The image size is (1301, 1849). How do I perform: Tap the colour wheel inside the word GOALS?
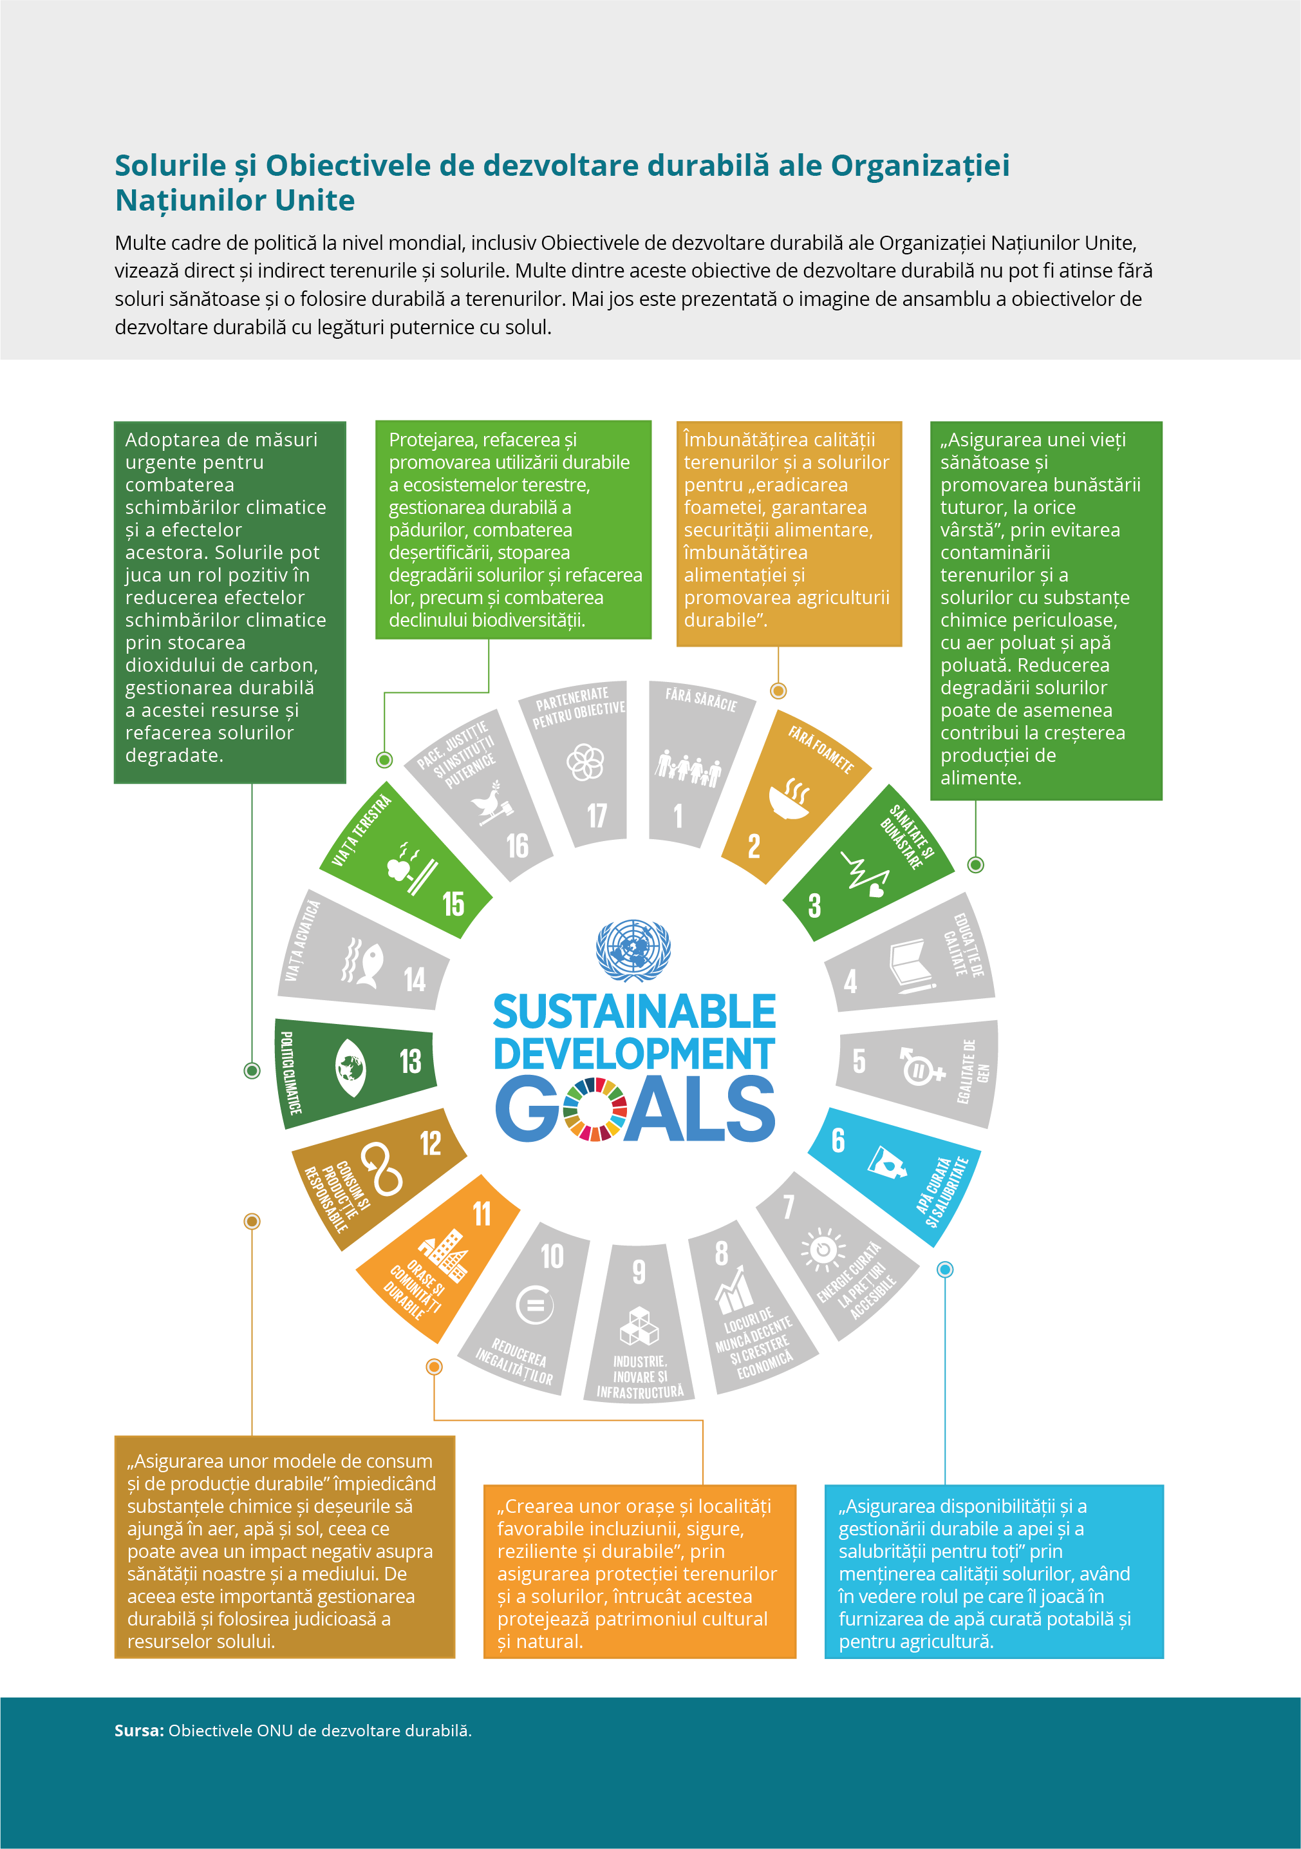(x=595, y=1110)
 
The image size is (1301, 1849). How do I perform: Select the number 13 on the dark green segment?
(x=411, y=1061)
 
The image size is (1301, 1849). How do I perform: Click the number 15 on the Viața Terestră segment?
(x=453, y=904)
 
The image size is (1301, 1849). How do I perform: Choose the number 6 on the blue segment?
(x=838, y=1141)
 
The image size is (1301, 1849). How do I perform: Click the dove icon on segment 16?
(x=492, y=803)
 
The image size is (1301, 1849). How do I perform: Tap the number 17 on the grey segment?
(x=597, y=816)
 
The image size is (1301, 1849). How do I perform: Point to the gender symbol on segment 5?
(x=920, y=1065)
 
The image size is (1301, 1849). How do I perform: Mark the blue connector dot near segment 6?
(x=945, y=1270)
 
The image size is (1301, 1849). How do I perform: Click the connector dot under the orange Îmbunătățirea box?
(x=778, y=690)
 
